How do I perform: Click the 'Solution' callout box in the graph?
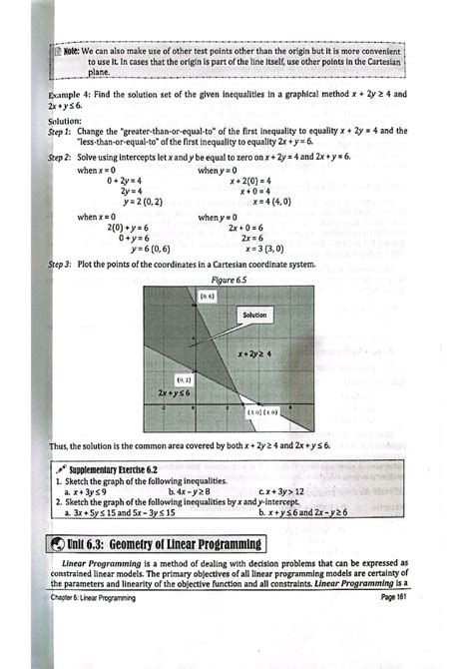click(x=255, y=315)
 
